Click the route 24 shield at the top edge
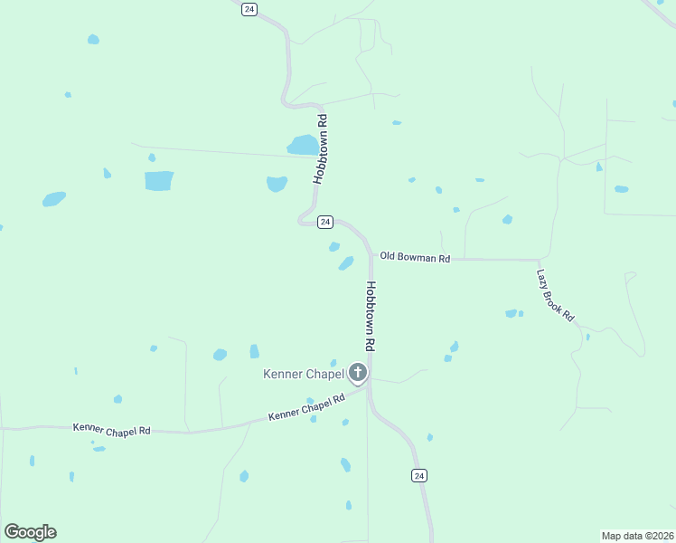click(249, 9)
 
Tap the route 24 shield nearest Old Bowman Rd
click(326, 222)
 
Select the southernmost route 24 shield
click(418, 475)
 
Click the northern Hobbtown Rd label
click(319, 149)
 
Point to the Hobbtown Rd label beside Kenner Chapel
click(371, 316)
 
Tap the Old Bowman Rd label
click(415, 258)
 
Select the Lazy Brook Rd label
click(555, 296)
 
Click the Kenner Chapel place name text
click(305, 374)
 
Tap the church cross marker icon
click(358, 372)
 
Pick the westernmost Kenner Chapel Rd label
click(111, 430)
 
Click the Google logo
click(31, 532)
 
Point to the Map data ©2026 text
click(637, 535)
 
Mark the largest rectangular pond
click(159, 181)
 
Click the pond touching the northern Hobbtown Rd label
click(303, 145)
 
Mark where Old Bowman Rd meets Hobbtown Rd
click(371, 258)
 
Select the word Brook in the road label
click(557, 298)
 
